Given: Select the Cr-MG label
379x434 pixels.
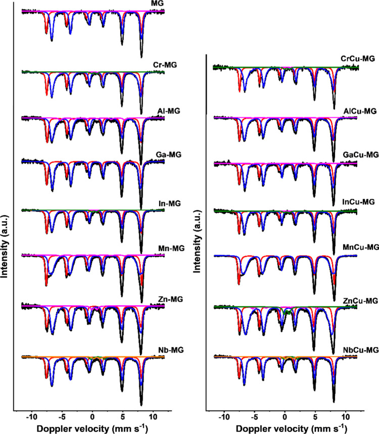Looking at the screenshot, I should click(x=154, y=65).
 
